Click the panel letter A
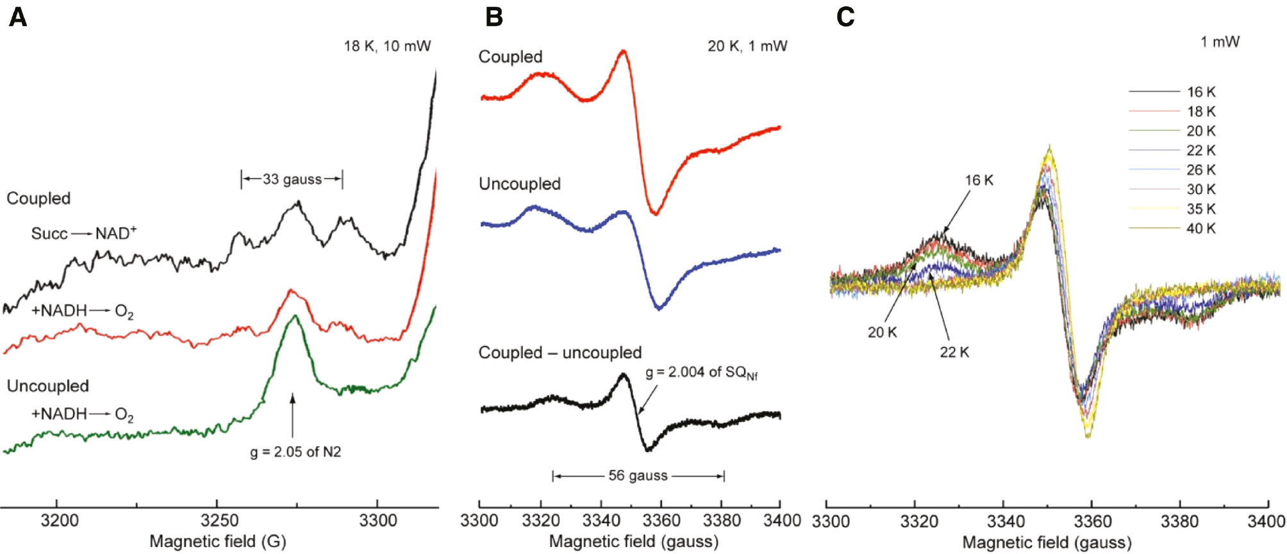[18, 17]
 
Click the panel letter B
[494, 17]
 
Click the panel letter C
[845, 17]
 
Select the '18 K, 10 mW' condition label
[387, 46]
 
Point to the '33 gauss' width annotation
[292, 179]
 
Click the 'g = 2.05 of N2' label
[295, 452]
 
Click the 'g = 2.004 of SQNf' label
[701, 373]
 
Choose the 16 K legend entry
[1200, 92]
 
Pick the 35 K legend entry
[1200, 209]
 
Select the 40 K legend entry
[1200, 229]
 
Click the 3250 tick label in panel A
[219, 521]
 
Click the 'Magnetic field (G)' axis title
[218, 542]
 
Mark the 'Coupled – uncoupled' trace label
[560, 353]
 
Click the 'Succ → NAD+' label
[83, 234]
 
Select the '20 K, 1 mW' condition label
[747, 46]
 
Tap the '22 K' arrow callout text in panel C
[954, 352]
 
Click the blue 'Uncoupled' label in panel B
[519, 184]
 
